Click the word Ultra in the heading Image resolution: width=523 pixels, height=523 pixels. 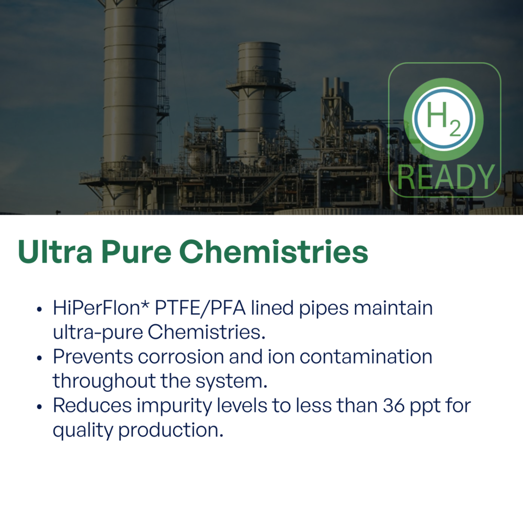[x=55, y=252]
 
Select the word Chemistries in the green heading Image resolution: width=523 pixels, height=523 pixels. [x=274, y=252]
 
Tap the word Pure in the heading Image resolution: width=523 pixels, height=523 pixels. [x=135, y=252]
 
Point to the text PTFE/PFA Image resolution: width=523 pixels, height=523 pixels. [x=200, y=308]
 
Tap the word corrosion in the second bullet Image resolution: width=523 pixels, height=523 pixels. [x=181, y=357]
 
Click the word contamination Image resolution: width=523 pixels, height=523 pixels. [x=366, y=357]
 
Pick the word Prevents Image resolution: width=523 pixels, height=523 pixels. [x=93, y=357]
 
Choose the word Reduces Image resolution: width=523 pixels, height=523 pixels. [x=93, y=406]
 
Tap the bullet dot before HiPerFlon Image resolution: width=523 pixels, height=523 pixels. [x=39, y=309]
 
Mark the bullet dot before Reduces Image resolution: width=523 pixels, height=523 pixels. [x=39, y=407]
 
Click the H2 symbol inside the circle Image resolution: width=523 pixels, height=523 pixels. [x=444, y=119]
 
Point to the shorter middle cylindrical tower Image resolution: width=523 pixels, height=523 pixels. [x=259, y=100]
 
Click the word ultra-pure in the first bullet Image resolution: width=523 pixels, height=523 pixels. [x=97, y=333]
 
